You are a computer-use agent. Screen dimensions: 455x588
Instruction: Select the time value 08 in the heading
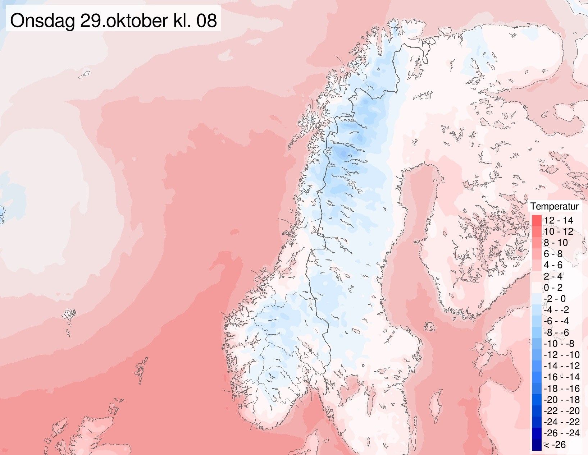(x=206, y=20)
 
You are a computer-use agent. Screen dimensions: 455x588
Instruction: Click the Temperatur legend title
(x=554, y=206)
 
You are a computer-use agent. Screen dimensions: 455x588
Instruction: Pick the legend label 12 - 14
(x=558, y=220)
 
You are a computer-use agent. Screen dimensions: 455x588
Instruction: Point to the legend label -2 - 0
(x=555, y=299)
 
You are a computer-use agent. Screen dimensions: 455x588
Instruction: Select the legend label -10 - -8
(x=559, y=344)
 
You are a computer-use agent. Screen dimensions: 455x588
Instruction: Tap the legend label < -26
(x=555, y=445)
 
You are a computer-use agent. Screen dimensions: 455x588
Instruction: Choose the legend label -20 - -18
(x=561, y=400)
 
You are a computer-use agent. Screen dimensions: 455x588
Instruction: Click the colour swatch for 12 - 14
(x=537, y=220)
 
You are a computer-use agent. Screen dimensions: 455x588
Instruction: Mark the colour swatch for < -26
(x=537, y=445)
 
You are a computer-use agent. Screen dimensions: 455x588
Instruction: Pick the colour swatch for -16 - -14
(x=537, y=377)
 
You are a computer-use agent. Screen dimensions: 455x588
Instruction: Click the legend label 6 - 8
(x=553, y=254)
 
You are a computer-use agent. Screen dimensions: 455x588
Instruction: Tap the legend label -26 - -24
(x=561, y=433)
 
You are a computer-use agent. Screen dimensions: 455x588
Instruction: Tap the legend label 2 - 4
(x=553, y=276)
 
